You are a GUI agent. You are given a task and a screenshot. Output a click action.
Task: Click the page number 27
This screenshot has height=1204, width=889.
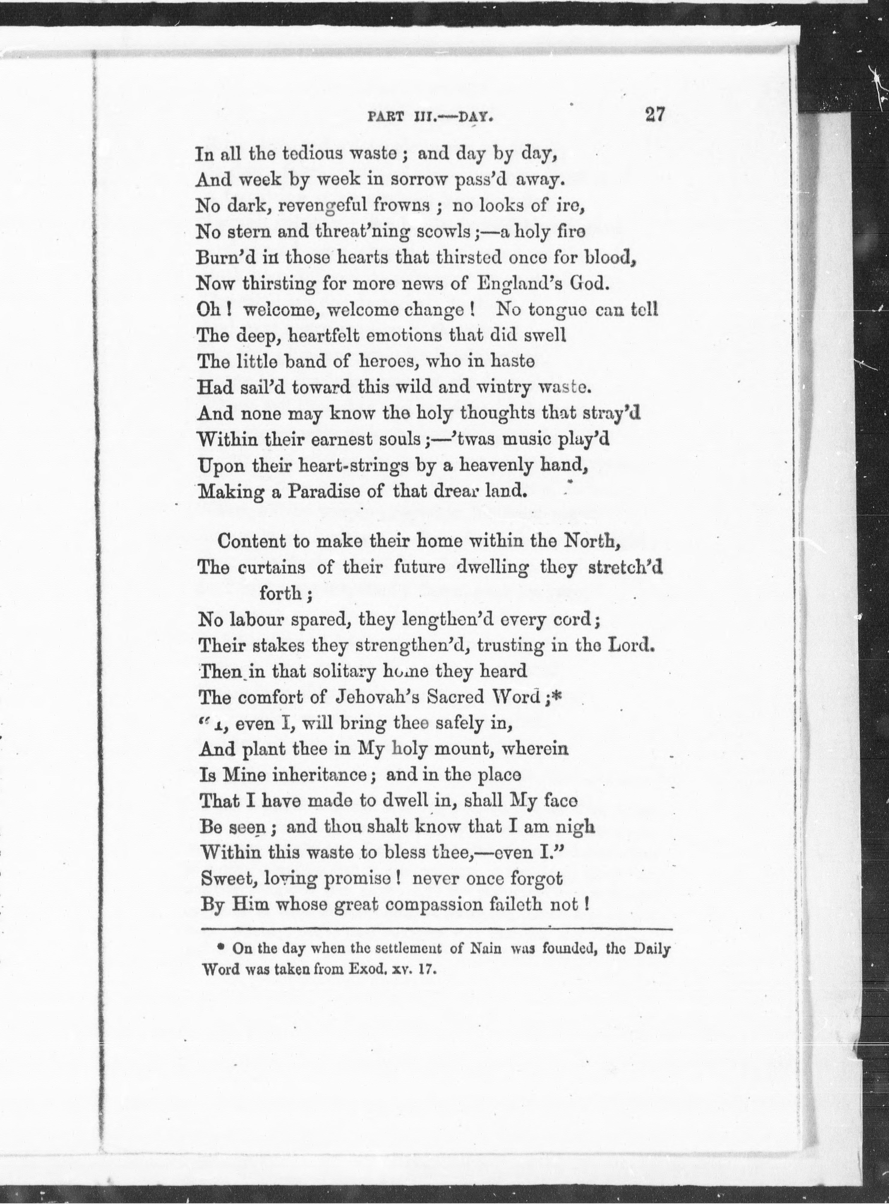click(654, 115)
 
